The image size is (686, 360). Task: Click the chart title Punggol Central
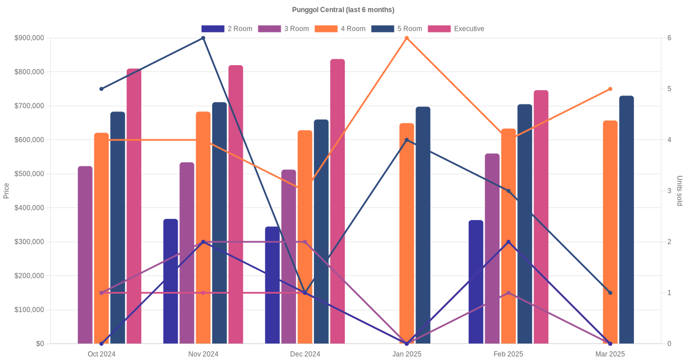coord(343,10)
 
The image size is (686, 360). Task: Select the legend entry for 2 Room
coord(227,29)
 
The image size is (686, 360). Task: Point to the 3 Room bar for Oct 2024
coord(85,255)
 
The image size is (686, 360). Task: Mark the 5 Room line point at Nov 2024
coord(204,38)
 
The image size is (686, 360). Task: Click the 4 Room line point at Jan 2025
coord(406,38)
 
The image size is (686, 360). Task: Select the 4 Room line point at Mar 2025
coord(610,89)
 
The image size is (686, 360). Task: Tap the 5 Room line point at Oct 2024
coord(102,89)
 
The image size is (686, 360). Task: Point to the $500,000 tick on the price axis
coord(29,174)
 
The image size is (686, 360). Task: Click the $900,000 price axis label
coord(29,38)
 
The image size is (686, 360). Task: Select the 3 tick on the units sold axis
coord(668,191)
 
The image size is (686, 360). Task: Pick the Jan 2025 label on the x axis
coord(406,354)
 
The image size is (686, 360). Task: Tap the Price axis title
coord(6,191)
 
